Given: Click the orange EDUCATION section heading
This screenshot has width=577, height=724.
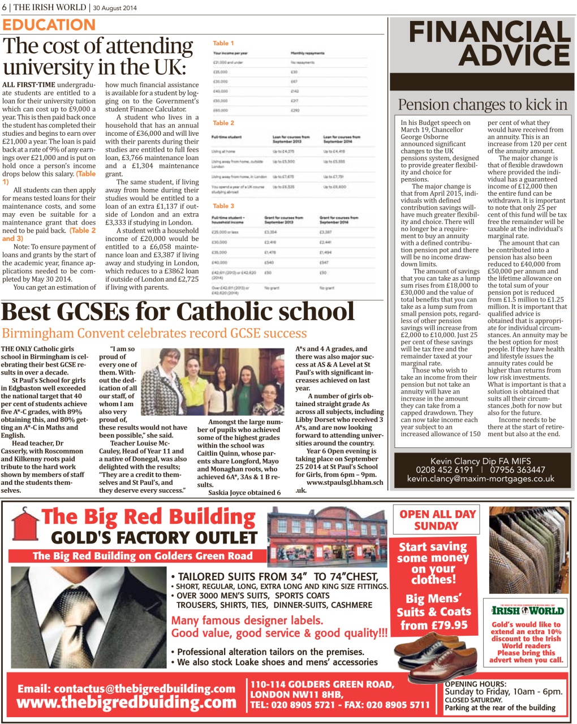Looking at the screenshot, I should pos(49,25).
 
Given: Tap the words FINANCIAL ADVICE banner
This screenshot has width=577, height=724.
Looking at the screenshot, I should pos(482,43).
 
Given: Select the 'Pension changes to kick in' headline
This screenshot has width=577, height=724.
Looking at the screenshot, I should pos(482,105).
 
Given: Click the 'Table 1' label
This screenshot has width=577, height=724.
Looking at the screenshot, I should pos(223,43).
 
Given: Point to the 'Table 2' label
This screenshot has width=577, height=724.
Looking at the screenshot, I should pos(223,123).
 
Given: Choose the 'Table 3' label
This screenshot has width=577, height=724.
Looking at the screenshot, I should pos(223,206).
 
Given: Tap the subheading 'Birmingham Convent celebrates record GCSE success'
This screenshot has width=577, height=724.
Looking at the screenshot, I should pos(154,333).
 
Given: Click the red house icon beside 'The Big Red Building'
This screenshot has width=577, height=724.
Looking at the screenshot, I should pos(23,520).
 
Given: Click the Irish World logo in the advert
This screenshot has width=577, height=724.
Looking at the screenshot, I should pos(527,610).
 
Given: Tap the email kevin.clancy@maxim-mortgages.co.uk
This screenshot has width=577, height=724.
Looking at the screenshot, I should pos(481,479).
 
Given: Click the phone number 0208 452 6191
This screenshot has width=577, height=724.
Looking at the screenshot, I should pos(444,469).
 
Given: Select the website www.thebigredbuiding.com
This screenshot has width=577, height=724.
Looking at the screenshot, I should pos(126,703).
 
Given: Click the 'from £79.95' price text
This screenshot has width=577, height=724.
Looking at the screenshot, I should pos(434,625).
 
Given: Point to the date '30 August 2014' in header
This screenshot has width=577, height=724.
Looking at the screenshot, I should pos(115,7).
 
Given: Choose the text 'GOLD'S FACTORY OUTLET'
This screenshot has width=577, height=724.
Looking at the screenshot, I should pos(154,537).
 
